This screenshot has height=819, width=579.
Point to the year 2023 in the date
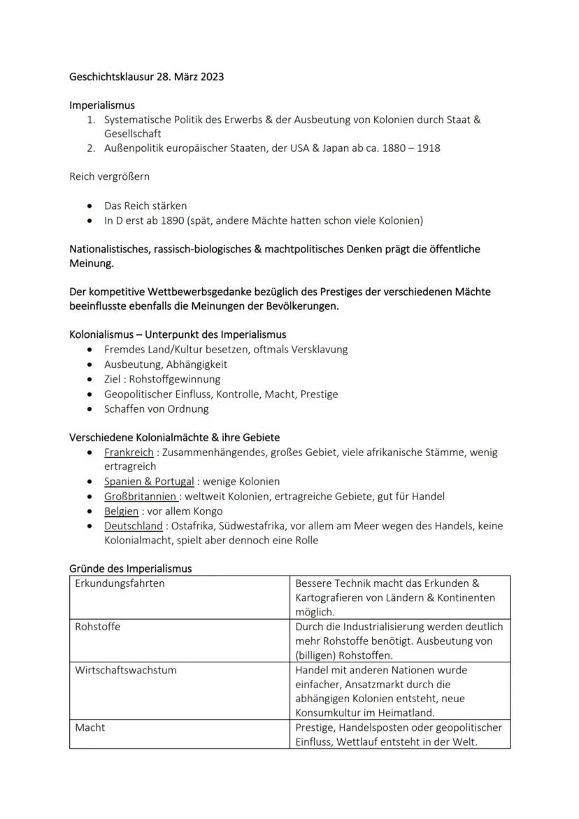pos(211,77)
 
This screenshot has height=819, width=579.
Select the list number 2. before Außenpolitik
pos(91,148)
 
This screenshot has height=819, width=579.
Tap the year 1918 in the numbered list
pos(427,148)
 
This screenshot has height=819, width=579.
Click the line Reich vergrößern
pos(109,177)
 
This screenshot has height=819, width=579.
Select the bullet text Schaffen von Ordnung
pos(156,409)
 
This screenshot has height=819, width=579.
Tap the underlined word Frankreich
pos(129,453)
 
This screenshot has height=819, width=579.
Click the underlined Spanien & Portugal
pos(149,481)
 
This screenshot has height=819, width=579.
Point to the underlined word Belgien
pos(121,511)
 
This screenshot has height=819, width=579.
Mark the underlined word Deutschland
pos(134,525)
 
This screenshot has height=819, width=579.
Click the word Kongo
pos(208,511)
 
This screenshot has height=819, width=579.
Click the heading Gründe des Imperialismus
pos(130,569)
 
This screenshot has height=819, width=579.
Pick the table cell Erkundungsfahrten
pos(120,583)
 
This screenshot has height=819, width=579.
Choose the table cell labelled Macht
pos(90,727)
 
